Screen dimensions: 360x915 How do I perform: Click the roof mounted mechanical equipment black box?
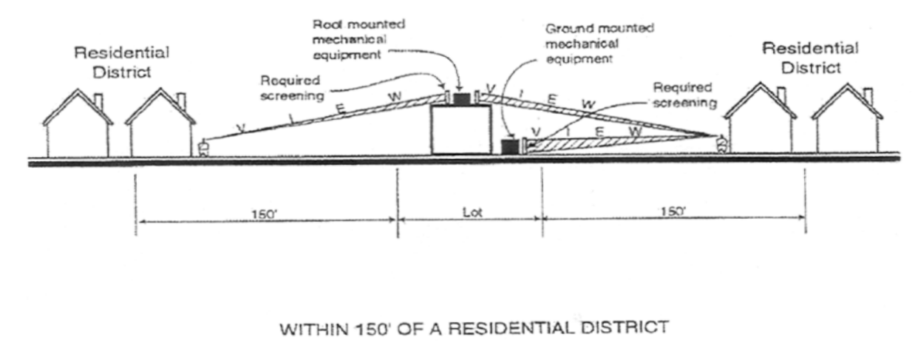pyautogui.click(x=462, y=98)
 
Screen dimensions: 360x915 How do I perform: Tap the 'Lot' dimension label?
pyautogui.click(x=472, y=211)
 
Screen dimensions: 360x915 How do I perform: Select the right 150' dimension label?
pyautogui.click(x=673, y=211)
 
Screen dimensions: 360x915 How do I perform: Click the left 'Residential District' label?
pyautogui.click(x=121, y=62)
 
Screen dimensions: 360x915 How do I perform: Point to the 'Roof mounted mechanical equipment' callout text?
pyautogui.click(x=378, y=38)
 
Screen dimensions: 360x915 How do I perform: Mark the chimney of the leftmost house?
pyautogui.click(x=98, y=101)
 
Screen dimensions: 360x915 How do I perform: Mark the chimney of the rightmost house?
pyautogui.click(x=868, y=96)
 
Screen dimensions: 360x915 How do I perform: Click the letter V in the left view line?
pyautogui.click(x=240, y=126)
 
